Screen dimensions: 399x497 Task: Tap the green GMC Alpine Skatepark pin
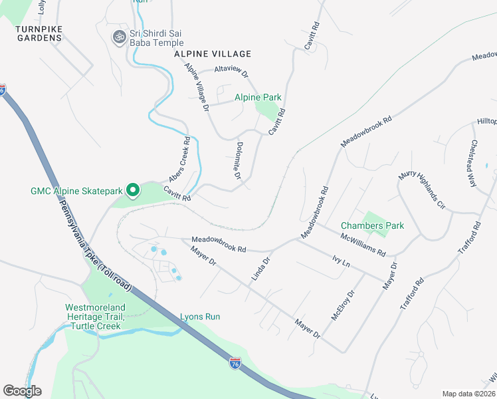[x=132, y=191]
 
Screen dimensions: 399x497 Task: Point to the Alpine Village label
[x=213, y=54]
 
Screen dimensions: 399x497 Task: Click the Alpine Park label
[x=258, y=97]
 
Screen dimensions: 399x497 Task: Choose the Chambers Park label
[x=372, y=225]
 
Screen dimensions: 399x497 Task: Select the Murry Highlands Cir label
[x=421, y=192]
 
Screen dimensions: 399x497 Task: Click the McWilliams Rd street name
[x=363, y=244]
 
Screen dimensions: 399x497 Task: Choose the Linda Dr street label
[x=260, y=269]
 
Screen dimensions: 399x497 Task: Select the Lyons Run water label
[x=200, y=317]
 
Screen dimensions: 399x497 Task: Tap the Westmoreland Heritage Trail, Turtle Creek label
[x=93, y=317]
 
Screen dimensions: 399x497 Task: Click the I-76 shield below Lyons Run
[x=235, y=364]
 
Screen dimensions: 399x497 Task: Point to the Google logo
[x=22, y=391]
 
